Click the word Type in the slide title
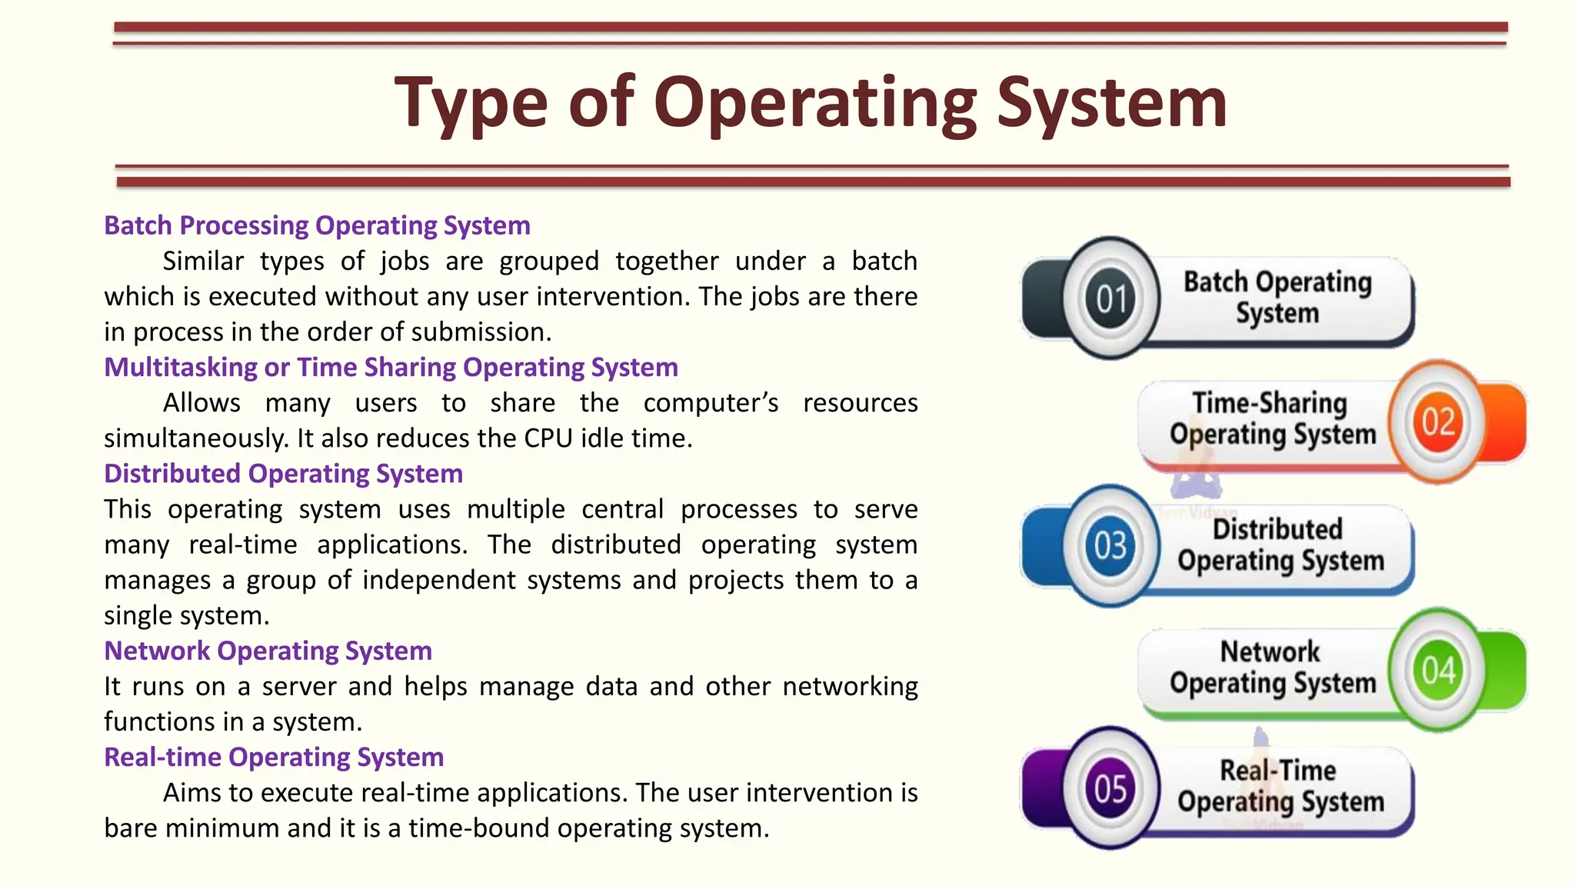(470, 103)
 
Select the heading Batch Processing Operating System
(317, 225)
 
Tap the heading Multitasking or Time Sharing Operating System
(391, 368)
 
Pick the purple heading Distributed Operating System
(283, 474)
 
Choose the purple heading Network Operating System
(268, 651)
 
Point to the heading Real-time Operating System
(274, 758)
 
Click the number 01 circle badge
(1110, 298)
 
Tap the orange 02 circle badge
(1437, 421)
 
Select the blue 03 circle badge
(1110, 545)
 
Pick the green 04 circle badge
(1437, 669)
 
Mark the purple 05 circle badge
(1110, 788)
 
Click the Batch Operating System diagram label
(1277, 298)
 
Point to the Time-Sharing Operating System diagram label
(1272, 419)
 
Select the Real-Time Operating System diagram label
(1280, 786)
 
